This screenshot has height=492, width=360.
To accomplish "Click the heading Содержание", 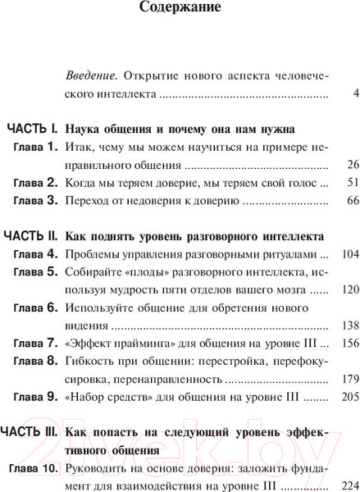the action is (180, 11).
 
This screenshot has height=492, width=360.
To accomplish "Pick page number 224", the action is (341, 484).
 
